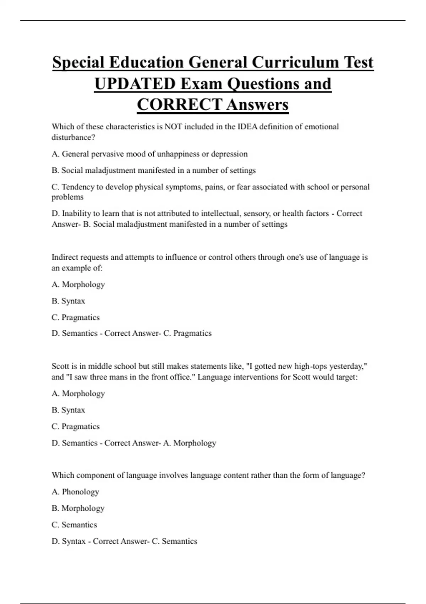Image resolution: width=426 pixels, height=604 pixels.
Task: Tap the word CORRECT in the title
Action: [180, 105]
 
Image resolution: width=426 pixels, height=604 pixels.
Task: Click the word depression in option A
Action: [229, 154]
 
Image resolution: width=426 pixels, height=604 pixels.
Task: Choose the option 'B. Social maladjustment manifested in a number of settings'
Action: [153, 171]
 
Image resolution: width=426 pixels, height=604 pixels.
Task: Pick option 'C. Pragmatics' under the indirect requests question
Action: [76, 317]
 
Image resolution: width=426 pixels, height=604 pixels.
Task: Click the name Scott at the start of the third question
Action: [60, 366]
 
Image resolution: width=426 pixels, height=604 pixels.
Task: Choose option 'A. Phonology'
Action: [75, 492]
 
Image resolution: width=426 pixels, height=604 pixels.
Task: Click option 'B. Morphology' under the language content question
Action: [78, 508]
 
